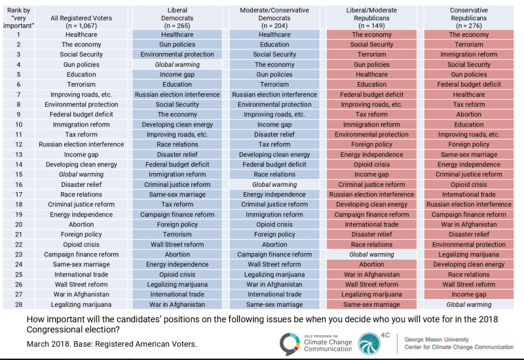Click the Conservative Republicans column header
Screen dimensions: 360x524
(x=468, y=16)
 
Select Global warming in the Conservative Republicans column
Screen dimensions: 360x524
(x=468, y=305)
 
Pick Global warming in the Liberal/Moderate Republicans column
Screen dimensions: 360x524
(x=371, y=254)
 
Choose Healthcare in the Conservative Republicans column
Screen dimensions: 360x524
(x=468, y=94)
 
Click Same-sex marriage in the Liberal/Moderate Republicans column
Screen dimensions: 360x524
(x=371, y=305)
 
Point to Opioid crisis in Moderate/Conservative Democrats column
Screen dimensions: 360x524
(x=274, y=225)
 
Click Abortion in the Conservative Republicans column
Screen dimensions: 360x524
(x=468, y=115)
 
